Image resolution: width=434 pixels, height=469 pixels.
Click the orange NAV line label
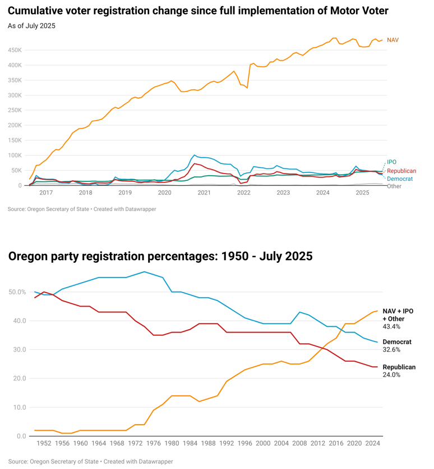coord(393,40)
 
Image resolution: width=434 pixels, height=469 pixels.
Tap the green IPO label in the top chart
coord(391,162)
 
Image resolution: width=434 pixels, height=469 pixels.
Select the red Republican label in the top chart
coord(401,171)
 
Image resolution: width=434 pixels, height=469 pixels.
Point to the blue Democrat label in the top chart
coord(400,179)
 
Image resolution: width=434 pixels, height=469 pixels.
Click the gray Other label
coord(394,186)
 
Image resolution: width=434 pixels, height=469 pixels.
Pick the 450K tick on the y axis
coord(14,50)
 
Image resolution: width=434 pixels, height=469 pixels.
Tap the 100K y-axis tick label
coord(14,155)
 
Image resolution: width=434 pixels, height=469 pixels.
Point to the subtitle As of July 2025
coord(31,26)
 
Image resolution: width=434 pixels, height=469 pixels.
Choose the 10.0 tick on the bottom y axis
coord(20,407)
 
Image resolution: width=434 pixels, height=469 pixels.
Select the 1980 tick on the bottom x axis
coord(172,443)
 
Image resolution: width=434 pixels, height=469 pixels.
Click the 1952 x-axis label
coord(44,443)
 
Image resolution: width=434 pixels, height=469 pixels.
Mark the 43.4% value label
coord(391,326)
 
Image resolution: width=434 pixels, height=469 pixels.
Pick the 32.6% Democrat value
coord(391,349)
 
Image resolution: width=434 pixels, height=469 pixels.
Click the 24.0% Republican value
coord(391,375)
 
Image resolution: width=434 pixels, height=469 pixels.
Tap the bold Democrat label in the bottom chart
coord(397,341)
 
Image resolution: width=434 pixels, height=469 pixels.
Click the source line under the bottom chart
coord(90,461)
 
